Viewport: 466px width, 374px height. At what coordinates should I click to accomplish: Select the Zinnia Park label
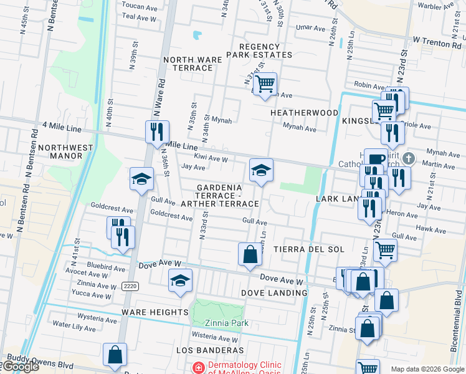[227, 323]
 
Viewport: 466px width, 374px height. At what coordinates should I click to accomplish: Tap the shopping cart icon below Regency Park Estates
[266, 84]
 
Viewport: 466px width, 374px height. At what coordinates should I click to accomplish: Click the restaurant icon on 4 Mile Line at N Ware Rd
[156, 132]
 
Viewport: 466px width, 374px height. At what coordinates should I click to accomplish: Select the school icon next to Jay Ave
[261, 170]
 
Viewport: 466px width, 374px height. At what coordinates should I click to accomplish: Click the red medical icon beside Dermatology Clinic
[198, 368]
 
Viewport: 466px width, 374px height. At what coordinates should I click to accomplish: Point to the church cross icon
[409, 158]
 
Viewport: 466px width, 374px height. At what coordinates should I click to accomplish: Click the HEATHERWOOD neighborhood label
[304, 113]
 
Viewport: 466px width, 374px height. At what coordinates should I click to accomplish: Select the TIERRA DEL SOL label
[314, 249]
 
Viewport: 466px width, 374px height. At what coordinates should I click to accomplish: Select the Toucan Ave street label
[138, 5]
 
